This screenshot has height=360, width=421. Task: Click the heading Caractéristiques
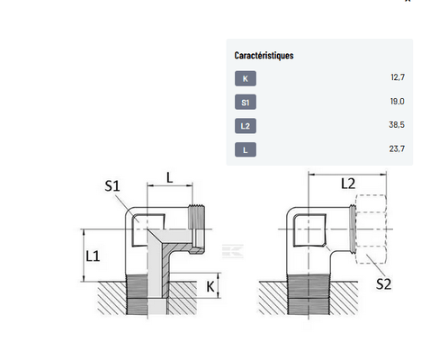[264, 56]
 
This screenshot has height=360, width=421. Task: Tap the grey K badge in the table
[246, 78]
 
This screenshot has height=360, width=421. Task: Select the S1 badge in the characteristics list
[246, 103]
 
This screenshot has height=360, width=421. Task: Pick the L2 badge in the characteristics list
[246, 126]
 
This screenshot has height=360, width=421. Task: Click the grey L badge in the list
[246, 149]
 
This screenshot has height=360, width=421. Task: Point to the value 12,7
[398, 77]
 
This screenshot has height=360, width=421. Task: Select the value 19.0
[398, 102]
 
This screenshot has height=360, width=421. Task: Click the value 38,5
[397, 124]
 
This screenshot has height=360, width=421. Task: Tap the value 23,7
[397, 148]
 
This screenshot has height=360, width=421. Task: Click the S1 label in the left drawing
[112, 186]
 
